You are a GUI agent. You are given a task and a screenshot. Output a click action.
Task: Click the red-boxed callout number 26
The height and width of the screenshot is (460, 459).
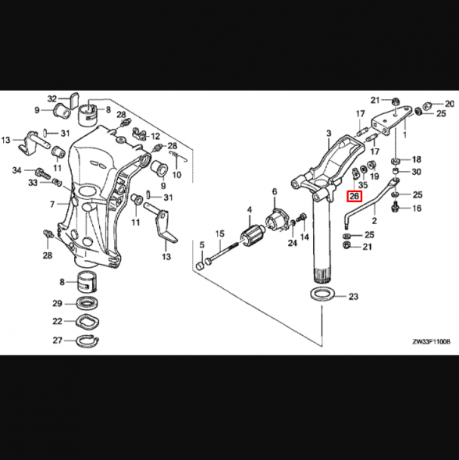pyautogui.click(x=354, y=197)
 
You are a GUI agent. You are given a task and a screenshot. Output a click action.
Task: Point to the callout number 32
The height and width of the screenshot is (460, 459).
pyautogui.click(x=52, y=99)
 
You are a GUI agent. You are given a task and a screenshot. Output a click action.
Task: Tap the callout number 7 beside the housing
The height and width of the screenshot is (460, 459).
pyautogui.click(x=52, y=204)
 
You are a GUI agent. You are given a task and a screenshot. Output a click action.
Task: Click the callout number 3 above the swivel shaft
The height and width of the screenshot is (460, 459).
pyautogui.click(x=329, y=134)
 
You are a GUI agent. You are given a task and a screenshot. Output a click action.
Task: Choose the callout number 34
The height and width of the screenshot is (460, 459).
pyautogui.click(x=16, y=169)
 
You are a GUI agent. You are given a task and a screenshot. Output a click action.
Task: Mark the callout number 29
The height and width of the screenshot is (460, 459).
pyautogui.click(x=57, y=304)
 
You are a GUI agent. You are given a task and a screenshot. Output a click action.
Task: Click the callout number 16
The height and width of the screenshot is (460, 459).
pyautogui.click(x=416, y=209)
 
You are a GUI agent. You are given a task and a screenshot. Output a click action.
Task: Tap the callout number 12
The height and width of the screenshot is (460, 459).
pyautogui.click(x=155, y=136)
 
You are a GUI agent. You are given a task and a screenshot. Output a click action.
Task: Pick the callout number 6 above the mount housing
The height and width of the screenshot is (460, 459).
pyautogui.click(x=274, y=191)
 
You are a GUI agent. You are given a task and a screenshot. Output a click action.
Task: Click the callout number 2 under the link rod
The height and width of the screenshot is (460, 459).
pyautogui.click(x=374, y=222)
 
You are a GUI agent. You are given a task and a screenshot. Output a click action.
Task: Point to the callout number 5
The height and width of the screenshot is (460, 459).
pyautogui.click(x=201, y=246)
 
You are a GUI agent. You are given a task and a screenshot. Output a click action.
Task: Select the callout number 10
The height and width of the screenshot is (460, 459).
pyautogui.click(x=176, y=175)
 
